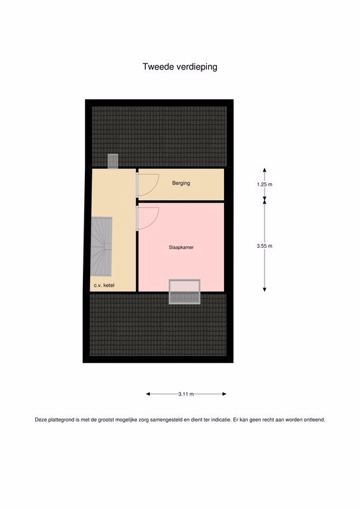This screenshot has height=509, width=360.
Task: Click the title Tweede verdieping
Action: [180, 67]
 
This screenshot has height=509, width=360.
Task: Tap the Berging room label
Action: [181, 183]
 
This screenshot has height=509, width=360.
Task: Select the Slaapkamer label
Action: [181, 247]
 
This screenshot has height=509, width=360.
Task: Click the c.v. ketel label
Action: [104, 286]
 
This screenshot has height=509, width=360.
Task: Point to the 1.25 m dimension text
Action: [265, 184]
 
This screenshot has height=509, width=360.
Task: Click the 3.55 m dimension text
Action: [265, 246]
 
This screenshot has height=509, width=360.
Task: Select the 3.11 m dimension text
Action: [186, 394]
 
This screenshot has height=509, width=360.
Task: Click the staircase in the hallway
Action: [101, 247]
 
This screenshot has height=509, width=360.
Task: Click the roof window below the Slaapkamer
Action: [184, 292]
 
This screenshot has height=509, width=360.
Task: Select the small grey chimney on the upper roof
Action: [113, 161]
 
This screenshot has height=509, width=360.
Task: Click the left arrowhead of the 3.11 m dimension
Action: [148, 394]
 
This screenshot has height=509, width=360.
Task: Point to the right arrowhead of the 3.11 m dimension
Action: [224, 394]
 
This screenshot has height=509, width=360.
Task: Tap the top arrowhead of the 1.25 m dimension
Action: [265, 170]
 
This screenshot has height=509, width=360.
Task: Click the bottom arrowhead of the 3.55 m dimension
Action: [265, 289]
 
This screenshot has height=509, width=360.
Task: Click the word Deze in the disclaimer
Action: [41, 420]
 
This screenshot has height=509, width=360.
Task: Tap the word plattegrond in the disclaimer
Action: [62, 420]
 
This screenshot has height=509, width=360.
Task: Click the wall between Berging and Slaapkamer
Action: [180, 201]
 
